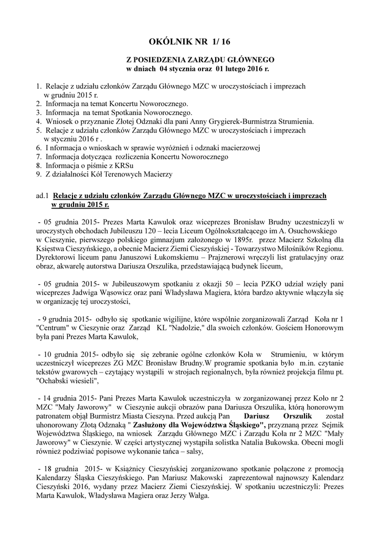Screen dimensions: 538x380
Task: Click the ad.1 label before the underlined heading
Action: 42,195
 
